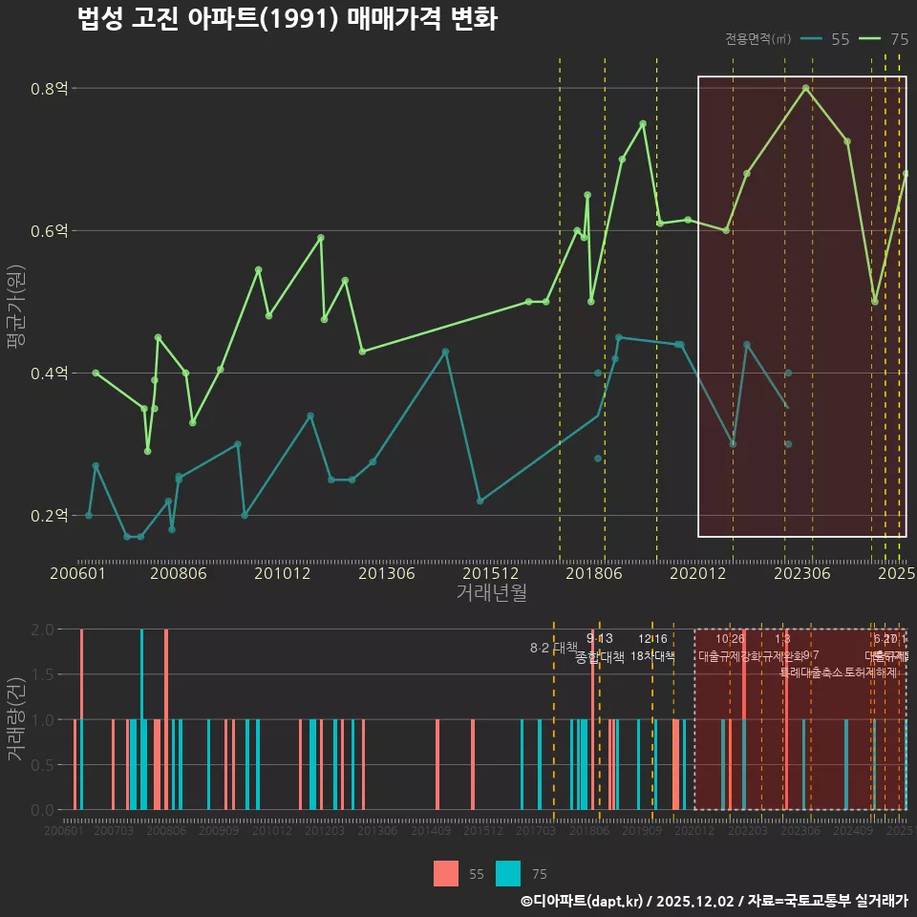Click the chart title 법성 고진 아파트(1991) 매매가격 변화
pos(287,19)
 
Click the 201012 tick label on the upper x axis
pos(282,574)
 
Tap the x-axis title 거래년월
pos(491,593)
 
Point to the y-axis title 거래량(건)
pos(15,718)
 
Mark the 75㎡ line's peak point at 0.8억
pos(806,88)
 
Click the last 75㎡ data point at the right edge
pos(906,174)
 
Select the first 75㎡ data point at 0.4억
pos(96,373)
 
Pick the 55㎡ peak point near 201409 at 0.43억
pos(445,352)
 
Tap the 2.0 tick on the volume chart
pos(43,629)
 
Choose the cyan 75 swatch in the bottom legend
pos(508,873)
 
